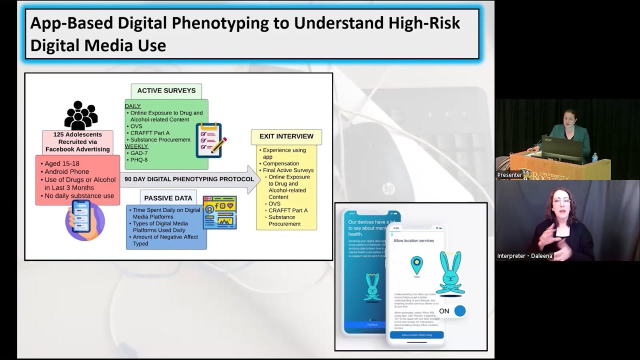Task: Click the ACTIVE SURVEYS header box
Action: [166, 91]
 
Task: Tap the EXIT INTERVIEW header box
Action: [286, 136]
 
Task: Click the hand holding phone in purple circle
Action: [84, 220]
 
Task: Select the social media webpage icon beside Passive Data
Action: [219, 212]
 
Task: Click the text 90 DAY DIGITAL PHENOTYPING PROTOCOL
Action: [182, 179]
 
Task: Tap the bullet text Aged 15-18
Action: [61, 164]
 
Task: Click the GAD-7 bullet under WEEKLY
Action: [138, 153]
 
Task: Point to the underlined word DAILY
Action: [132, 106]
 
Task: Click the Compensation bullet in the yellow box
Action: [281, 163]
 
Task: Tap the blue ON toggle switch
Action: [459, 311]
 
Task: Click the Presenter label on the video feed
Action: [509, 175]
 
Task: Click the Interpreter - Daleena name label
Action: [525, 256]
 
